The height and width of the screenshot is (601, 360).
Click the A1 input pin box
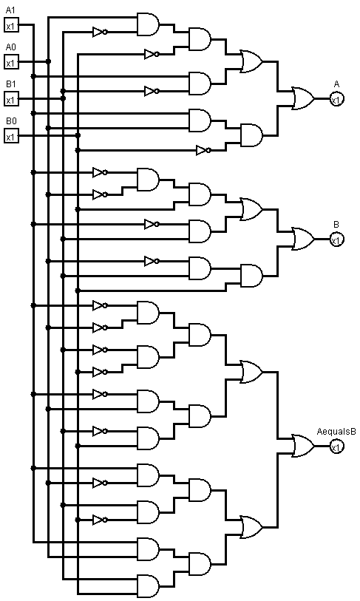coord(12,25)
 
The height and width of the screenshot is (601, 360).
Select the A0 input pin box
coord(12,62)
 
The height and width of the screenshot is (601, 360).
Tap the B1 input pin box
coord(12,99)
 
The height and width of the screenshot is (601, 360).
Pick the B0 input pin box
coord(12,136)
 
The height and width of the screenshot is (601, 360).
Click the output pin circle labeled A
coord(336,99)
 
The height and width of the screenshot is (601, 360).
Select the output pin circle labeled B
coord(336,240)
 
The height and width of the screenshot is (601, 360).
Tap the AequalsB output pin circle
coord(336,446)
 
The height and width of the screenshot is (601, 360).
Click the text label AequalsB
coord(336,432)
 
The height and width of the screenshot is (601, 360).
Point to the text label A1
coord(10,10)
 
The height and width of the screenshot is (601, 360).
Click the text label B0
coord(11,121)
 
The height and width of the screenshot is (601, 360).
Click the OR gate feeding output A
coord(303,99)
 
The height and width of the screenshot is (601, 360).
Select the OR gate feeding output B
coord(303,240)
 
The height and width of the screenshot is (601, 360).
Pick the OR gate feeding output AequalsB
coord(303,446)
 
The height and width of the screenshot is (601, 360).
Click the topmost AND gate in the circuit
coord(148,24)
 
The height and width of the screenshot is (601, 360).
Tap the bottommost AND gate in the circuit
coord(148,585)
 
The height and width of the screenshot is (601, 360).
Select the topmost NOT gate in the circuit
coord(100,32)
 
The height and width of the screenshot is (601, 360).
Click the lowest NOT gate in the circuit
coord(100,520)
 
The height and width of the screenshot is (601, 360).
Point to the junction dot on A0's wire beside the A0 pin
coord(48,61)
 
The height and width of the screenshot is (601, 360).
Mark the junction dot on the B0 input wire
coord(78,135)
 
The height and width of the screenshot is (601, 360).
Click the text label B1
coord(11,84)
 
